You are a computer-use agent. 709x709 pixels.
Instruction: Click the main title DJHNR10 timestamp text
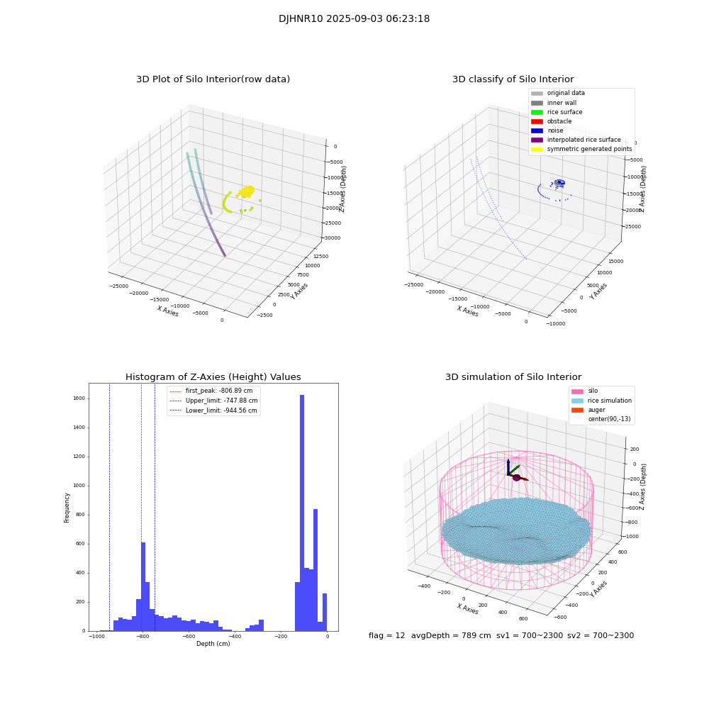pos(354,19)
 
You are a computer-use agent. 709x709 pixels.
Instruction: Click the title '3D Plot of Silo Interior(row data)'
pos(213,79)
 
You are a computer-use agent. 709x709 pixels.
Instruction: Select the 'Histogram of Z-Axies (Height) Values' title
pos(213,377)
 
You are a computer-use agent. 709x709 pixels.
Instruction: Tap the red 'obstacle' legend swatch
pos(537,121)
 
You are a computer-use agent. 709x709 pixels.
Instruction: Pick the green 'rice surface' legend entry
pos(564,112)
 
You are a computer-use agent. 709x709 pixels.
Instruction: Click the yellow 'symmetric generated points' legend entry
pos(588,149)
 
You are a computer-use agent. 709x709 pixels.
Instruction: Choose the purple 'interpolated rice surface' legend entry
pos(584,140)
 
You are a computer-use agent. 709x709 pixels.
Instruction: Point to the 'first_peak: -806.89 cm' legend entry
pos(218,391)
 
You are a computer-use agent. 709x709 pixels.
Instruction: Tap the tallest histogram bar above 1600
pos(302,510)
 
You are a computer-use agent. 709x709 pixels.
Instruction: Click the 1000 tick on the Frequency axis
pos(77,486)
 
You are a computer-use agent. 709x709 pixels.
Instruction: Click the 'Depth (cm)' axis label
pos(213,644)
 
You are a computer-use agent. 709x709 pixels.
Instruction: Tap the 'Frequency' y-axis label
pos(67,507)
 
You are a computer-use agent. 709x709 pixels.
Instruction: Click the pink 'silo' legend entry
pos(593,391)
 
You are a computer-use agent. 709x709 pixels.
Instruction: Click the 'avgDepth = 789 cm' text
pos(451,636)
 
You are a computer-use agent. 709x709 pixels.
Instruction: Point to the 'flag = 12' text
pos(386,636)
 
